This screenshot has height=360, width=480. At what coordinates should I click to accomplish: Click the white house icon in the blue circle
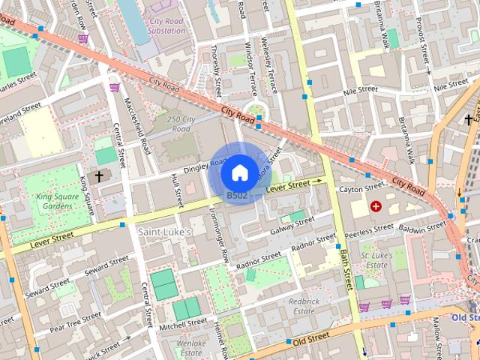click(238, 173)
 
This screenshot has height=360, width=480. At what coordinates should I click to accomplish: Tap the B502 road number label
click(237, 196)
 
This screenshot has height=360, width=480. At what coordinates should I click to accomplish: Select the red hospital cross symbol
click(376, 205)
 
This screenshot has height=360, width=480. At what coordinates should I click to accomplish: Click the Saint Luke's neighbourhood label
click(164, 232)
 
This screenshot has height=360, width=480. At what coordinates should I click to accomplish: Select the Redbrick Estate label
click(305, 306)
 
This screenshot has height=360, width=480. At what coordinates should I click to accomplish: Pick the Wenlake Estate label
click(190, 347)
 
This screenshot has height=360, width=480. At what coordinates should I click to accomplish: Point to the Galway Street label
click(291, 223)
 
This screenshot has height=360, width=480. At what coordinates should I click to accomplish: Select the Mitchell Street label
click(182, 324)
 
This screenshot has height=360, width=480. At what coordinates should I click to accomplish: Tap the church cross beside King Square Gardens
click(99, 176)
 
